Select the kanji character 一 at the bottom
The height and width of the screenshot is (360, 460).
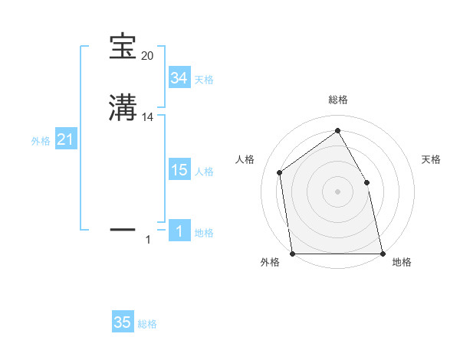(123, 227)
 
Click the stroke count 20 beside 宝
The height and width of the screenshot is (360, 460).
(147, 56)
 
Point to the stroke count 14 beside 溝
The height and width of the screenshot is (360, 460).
(148, 117)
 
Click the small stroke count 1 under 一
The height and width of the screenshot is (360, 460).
(148, 241)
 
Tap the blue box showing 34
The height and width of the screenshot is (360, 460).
(179, 77)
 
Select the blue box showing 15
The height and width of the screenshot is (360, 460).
(179, 170)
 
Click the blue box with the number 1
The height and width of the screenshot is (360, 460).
(179, 231)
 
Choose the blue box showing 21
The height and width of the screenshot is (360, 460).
(66, 139)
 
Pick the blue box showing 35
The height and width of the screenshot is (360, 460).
(122, 322)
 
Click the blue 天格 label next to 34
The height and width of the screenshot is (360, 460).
(204, 80)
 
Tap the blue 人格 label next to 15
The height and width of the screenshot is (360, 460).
(204, 172)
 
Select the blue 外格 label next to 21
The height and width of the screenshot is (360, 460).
(41, 141)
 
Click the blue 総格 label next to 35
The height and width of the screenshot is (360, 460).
(147, 324)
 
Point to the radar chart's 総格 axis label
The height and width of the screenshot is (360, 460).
(337, 100)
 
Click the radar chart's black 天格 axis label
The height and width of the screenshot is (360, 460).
(431, 159)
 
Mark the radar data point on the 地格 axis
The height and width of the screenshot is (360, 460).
(382, 253)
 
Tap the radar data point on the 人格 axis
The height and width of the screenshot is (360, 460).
(280, 172)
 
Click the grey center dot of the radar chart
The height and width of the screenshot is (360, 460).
(337, 191)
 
